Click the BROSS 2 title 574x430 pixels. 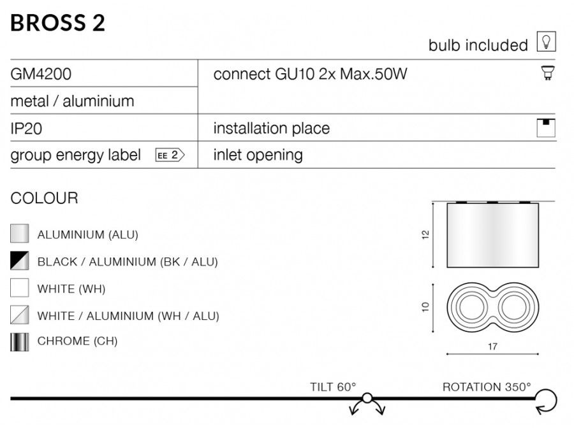[57, 23]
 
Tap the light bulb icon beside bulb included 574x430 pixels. [546, 41]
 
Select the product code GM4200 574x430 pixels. [41, 74]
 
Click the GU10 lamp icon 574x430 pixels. [548, 73]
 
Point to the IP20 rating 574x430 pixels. [26, 129]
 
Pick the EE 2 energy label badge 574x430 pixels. [170, 155]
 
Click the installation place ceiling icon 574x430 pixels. [546, 128]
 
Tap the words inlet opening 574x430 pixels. [258, 155]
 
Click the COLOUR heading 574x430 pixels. [44, 198]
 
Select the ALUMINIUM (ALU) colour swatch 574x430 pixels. [19, 234]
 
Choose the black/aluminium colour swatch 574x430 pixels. [19, 261]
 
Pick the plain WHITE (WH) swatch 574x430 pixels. [19, 288]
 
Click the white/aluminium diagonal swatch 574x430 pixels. [19, 315]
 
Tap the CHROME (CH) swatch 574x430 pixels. [19, 342]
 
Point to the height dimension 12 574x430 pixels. [425, 234]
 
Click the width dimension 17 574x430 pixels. [492, 347]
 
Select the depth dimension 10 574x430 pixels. [425, 307]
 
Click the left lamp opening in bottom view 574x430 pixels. [469, 307]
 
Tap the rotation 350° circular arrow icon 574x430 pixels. [546, 401]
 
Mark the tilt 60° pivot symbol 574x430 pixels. [367, 398]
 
